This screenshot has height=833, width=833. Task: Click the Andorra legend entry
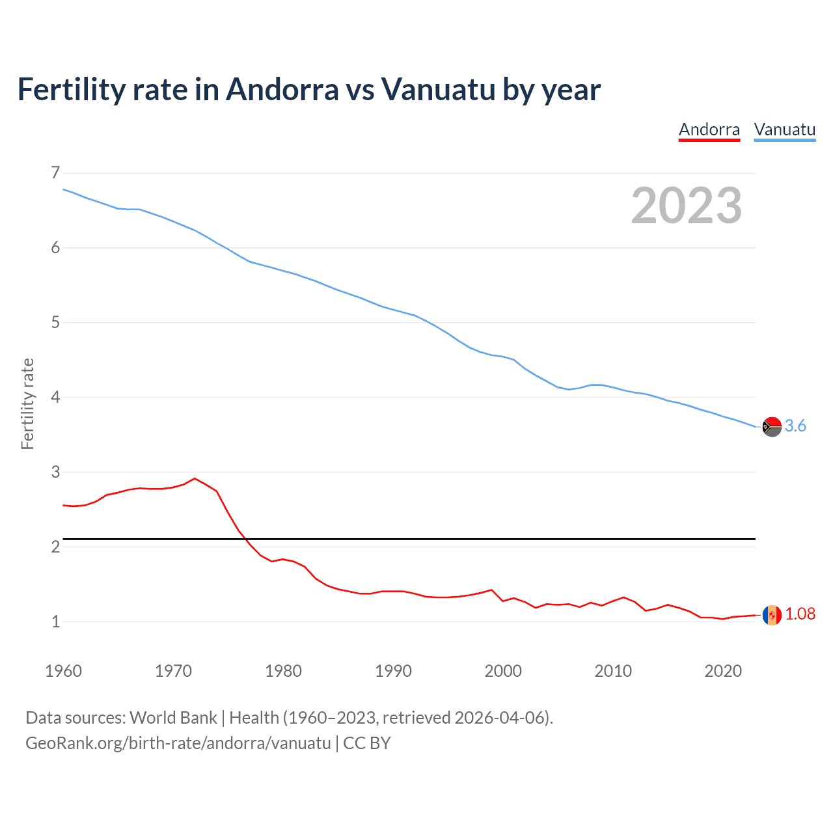point(709,130)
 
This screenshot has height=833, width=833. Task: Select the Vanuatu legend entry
point(784,130)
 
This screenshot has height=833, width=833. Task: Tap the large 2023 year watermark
point(687,206)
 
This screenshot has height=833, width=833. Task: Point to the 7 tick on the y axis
point(55,172)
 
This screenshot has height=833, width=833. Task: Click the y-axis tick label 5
point(55,322)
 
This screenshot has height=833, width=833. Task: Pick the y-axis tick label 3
point(55,472)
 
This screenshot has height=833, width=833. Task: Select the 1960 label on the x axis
point(63,671)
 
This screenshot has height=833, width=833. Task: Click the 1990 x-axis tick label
point(393,671)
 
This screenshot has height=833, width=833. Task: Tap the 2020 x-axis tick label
point(723,671)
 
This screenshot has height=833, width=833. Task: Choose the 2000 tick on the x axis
point(503,671)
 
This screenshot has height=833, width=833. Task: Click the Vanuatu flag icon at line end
point(772,427)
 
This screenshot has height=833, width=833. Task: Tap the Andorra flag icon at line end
point(772,615)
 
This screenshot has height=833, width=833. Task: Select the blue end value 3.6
point(795,426)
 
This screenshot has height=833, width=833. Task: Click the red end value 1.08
point(800,614)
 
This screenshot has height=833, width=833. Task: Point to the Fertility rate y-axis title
point(27,403)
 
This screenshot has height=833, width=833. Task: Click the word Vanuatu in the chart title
point(438,90)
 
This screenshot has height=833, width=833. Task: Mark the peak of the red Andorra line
point(195,478)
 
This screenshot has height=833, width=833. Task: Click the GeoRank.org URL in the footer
point(178,743)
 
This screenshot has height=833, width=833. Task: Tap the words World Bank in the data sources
point(173,718)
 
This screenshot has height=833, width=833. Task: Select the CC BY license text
point(366,743)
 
